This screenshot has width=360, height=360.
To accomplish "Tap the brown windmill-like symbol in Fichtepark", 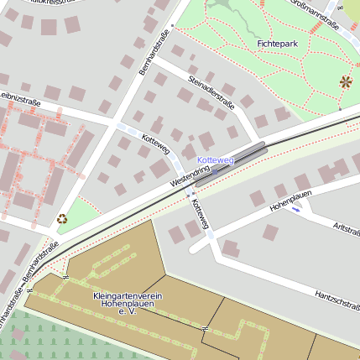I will tap(346, 81).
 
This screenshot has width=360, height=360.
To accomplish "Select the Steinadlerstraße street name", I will tap(211, 93).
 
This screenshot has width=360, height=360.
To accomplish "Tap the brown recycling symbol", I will tap(62, 219).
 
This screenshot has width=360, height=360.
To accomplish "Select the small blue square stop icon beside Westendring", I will tap(216, 171).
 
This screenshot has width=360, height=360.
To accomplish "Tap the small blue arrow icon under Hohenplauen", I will tap(295, 210).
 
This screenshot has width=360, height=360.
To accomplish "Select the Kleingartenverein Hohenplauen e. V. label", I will tap(128, 304).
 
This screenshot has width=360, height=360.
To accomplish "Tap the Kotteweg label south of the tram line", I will tap(200, 215).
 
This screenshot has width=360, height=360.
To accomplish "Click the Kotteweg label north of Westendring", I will tap(156, 143).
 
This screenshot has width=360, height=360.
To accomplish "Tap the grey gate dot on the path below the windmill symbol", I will tap(339, 108).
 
